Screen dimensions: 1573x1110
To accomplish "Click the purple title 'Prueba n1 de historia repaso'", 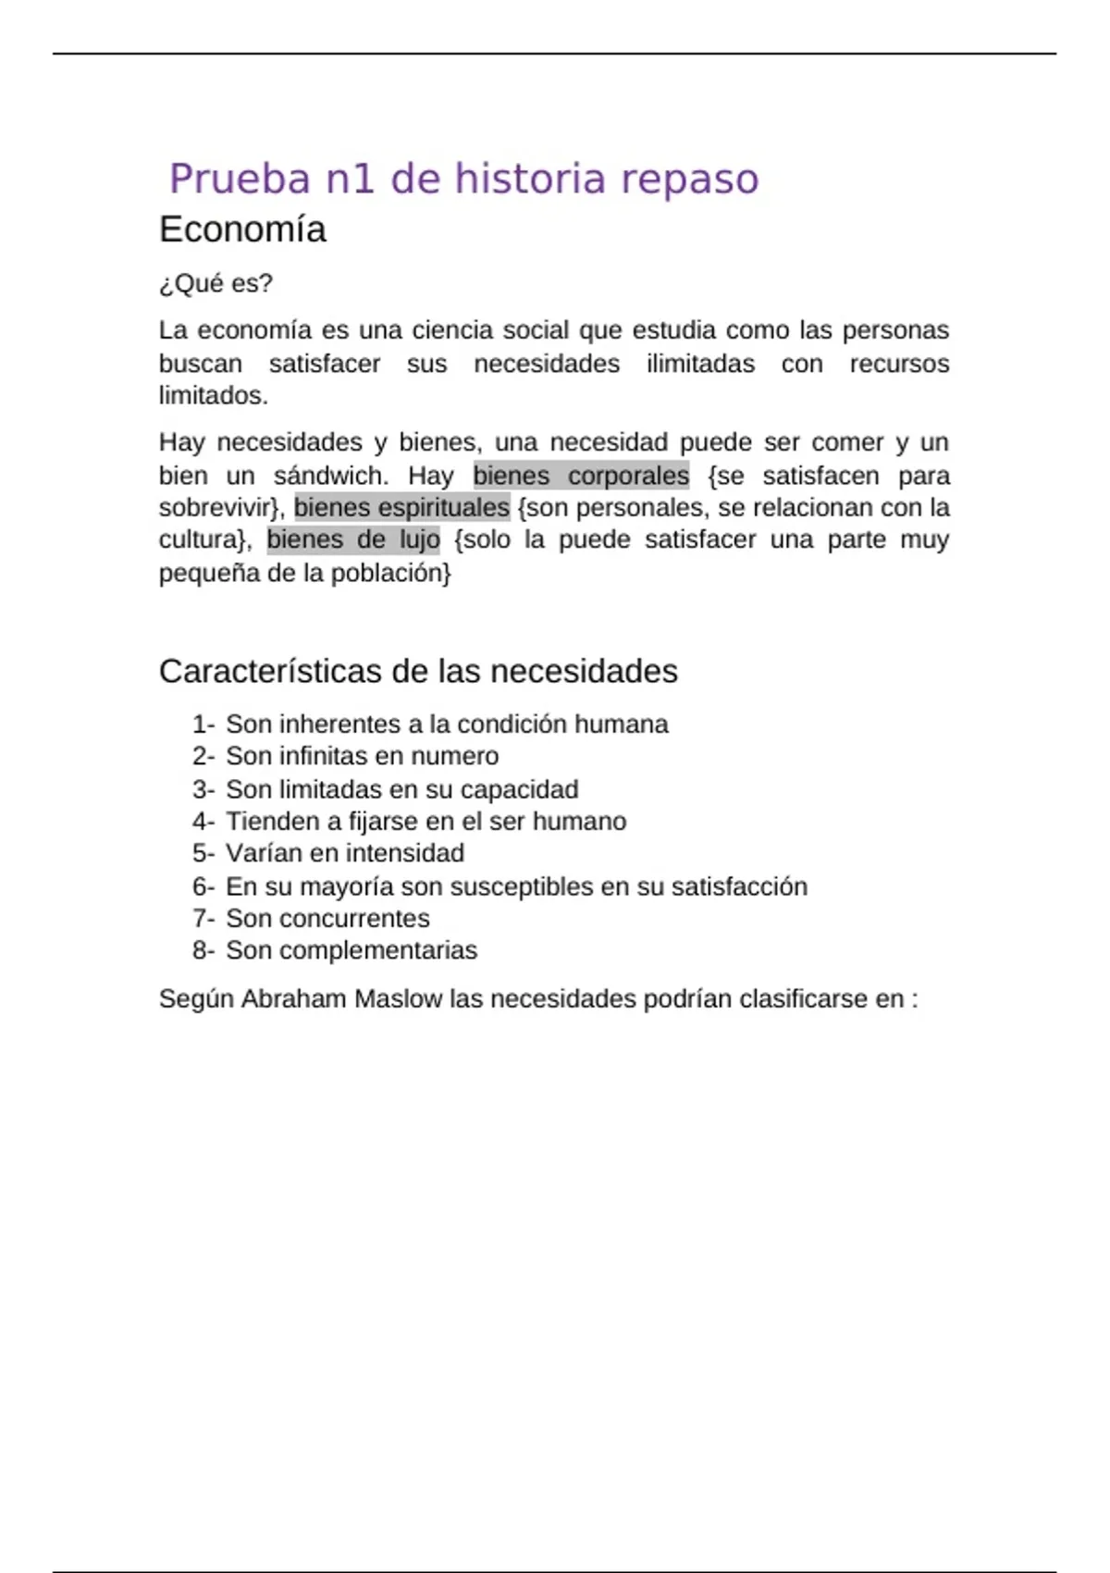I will [x=463, y=179].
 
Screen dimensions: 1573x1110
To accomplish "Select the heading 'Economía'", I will [x=242, y=229].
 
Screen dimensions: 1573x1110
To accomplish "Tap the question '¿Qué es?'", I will [x=216, y=283].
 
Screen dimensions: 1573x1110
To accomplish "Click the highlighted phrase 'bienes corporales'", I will [x=581, y=476].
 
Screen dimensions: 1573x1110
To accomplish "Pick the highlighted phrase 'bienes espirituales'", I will [x=401, y=507].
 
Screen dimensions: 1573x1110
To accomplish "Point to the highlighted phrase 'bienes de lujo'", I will [x=353, y=539].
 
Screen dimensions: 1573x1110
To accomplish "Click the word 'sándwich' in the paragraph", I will [x=330, y=476].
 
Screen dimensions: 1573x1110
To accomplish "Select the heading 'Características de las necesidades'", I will [x=418, y=671].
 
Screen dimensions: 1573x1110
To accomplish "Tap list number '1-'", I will [x=203, y=724].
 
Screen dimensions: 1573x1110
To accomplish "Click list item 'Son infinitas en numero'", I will [x=362, y=756].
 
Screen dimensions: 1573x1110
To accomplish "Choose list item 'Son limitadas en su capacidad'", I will [x=401, y=789].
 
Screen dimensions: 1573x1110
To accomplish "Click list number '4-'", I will [x=203, y=821].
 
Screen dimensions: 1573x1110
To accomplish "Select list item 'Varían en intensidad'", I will [x=344, y=853].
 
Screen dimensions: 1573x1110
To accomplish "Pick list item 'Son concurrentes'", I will [x=327, y=918].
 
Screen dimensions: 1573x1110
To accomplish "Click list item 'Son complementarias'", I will [x=351, y=950].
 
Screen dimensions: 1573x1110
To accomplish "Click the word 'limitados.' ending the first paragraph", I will [x=213, y=395].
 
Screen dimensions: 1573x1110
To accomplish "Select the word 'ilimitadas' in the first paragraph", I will [x=700, y=364].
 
